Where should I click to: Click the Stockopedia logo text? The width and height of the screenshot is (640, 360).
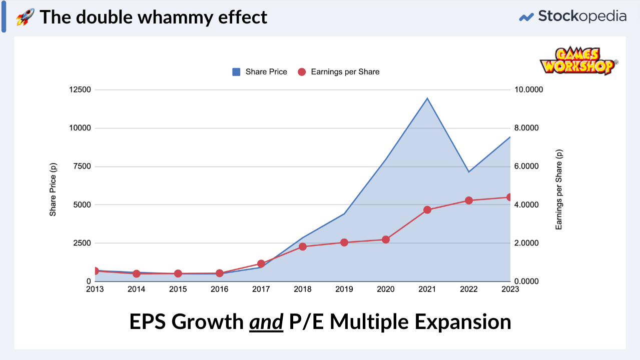[x=582, y=16]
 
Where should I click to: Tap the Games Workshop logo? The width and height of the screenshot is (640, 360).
[x=578, y=61]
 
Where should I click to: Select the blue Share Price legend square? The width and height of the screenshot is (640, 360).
[x=236, y=72]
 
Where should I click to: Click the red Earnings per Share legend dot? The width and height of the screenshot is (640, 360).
[x=302, y=72]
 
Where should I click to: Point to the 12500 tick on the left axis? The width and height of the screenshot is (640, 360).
[x=80, y=90]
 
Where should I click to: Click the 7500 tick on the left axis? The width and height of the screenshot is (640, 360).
[x=82, y=166]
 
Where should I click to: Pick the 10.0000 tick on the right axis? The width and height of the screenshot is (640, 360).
[x=529, y=90]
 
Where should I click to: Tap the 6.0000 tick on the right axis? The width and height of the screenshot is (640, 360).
[x=529, y=166]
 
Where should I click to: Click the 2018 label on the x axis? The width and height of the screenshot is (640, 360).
[x=302, y=289]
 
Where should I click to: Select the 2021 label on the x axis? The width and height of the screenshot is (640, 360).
[x=427, y=289]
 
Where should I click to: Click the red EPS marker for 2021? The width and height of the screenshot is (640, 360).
[x=427, y=210]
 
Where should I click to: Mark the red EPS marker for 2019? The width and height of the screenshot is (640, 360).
[x=344, y=242]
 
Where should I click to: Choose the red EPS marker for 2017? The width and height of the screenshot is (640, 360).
[x=261, y=263]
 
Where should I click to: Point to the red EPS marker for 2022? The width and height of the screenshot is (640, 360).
[x=469, y=200]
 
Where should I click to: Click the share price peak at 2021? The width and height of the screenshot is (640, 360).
[x=427, y=98]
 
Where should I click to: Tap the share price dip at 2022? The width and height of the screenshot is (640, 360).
[x=469, y=172]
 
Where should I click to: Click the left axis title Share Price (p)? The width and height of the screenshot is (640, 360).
[x=53, y=185]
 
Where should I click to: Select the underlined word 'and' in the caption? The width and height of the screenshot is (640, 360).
[x=266, y=322]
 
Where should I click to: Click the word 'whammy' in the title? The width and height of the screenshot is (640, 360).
[x=166, y=17]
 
